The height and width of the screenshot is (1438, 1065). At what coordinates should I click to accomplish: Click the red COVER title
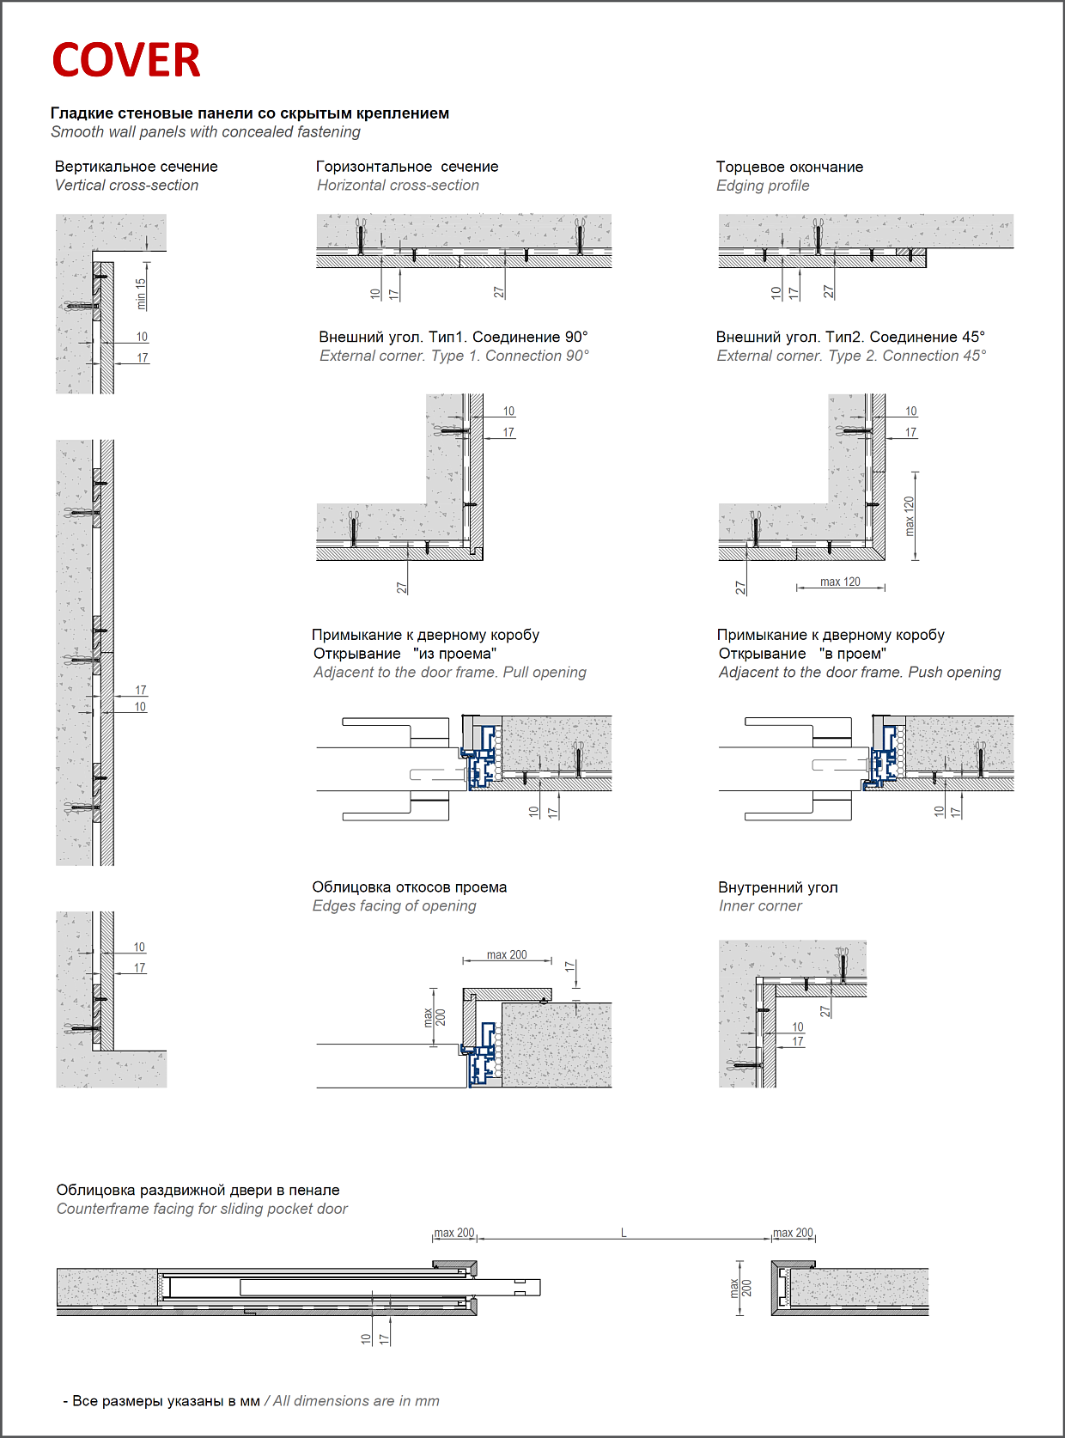tap(126, 60)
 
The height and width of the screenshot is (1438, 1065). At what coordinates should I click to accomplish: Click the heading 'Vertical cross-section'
tap(126, 186)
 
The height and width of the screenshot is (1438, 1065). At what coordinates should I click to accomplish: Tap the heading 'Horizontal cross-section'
tap(398, 186)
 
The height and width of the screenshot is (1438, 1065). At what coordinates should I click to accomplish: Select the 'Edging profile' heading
tap(763, 186)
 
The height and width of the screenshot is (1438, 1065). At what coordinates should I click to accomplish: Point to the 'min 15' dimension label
tap(142, 294)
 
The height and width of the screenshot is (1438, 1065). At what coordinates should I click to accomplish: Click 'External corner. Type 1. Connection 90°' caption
tap(454, 356)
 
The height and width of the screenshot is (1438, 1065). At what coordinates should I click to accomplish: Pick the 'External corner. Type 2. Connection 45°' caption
tap(851, 356)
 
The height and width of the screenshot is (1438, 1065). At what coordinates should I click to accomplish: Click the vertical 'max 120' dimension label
tap(910, 515)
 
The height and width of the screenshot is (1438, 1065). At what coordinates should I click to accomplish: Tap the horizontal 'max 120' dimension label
tap(840, 582)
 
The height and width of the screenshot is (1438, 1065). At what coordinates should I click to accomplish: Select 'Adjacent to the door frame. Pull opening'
tap(450, 673)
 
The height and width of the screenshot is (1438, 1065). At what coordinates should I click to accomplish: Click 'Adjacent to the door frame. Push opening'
tap(860, 673)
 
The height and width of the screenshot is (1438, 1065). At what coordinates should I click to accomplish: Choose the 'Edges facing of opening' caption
tap(394, 906)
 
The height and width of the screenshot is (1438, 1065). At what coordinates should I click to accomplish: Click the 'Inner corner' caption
tap(760, 906)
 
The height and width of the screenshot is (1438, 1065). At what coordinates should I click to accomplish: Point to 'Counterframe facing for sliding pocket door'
tap(202, 1210)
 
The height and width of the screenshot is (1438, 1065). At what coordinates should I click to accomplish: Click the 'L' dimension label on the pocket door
tap(624, 1234)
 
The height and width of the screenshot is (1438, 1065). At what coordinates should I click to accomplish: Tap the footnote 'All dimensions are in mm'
tap(356, 1401)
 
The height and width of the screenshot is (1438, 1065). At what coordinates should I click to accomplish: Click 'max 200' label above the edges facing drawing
tap(507, 955)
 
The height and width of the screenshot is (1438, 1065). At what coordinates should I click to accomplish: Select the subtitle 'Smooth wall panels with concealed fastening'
tap(205, 132)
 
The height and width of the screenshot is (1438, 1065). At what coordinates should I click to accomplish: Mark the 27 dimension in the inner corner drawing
tap(825, 1011)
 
